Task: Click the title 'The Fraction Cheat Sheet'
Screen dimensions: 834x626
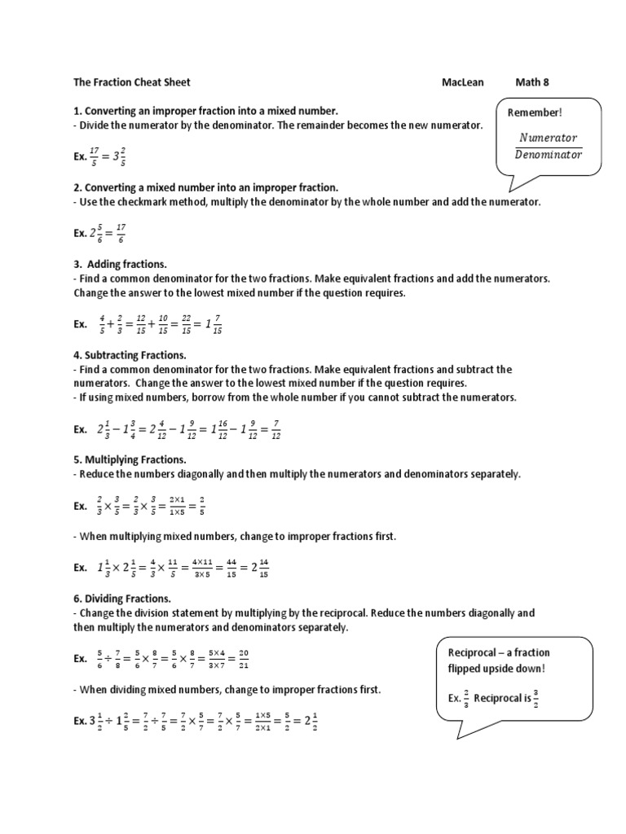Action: click(132, 82)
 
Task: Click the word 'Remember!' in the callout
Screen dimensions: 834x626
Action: click(535, 112)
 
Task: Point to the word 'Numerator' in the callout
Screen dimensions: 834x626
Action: click(548, 138)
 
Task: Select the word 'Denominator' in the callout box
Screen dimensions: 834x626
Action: click(548, 155)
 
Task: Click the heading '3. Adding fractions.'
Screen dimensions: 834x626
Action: click(120, 264)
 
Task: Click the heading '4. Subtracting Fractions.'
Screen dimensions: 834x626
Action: click(130, 355)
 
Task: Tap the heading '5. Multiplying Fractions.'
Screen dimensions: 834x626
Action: click(130, 459)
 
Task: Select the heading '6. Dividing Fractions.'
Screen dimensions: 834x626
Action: click(122, 598)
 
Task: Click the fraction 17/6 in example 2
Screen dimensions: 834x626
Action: click(121, 234)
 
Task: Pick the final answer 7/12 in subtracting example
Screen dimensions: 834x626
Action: click(276, 429)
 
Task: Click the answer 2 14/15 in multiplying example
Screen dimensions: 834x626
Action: click(258, 568)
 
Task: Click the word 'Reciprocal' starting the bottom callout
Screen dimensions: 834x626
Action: click(474, 652)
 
